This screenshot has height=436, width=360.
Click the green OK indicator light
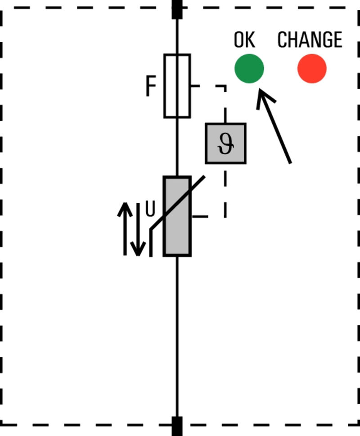pos(249,68)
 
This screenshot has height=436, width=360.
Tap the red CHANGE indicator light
pos(312,68)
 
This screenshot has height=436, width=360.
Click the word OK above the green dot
pos(244,40)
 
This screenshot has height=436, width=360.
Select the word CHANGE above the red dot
pos(310,40)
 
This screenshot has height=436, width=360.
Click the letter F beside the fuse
pos(151,87)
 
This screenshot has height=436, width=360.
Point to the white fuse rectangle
pos(177,86)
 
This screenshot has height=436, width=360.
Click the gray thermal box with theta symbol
pos(225,143)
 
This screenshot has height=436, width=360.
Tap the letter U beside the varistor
pos(150,209)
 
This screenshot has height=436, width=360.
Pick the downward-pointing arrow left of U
pos(139,229)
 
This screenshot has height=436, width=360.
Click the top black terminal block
pos(177,9)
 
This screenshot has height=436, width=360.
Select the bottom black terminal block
pos(177,426)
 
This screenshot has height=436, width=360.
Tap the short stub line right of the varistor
pos(200,217)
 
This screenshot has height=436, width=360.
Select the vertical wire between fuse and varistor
pos(177,147)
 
